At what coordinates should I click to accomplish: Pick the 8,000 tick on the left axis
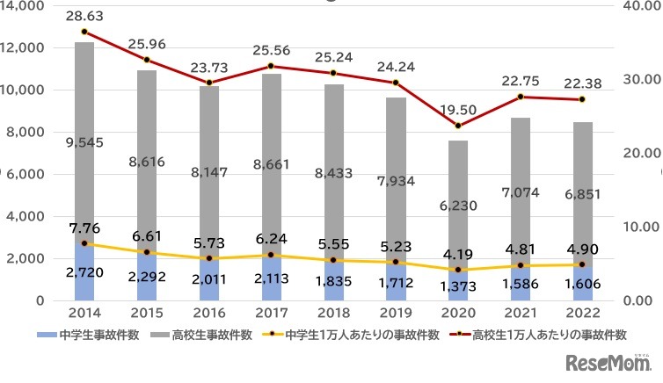27,132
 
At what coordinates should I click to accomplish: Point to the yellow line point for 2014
84,243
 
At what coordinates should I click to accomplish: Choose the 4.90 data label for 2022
581,247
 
